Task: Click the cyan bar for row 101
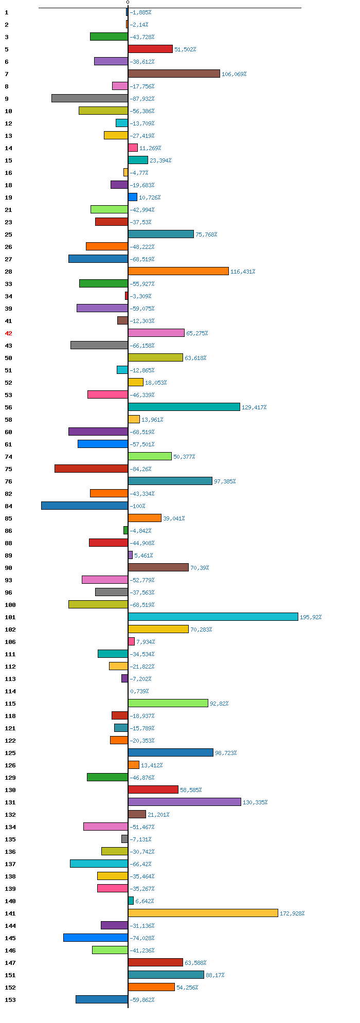[213, 617]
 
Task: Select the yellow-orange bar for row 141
[203, 913]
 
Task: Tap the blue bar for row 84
[85, 506]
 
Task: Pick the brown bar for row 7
[174, 74]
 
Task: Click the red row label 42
[8, 333]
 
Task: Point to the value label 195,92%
[311, 617]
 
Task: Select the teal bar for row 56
[184, 407]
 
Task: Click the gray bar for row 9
[90, 98]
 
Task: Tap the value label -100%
[138, 506]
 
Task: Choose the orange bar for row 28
[178, 271]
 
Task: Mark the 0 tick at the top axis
[128, 3]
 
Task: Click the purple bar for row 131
[185, 802]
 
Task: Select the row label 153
[10, 1000]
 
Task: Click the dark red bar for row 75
[92, 469]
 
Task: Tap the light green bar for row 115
[168, 703]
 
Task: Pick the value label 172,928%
[292, 913]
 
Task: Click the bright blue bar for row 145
[96, 938]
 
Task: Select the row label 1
[7, 12]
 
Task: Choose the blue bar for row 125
[171, 752]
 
